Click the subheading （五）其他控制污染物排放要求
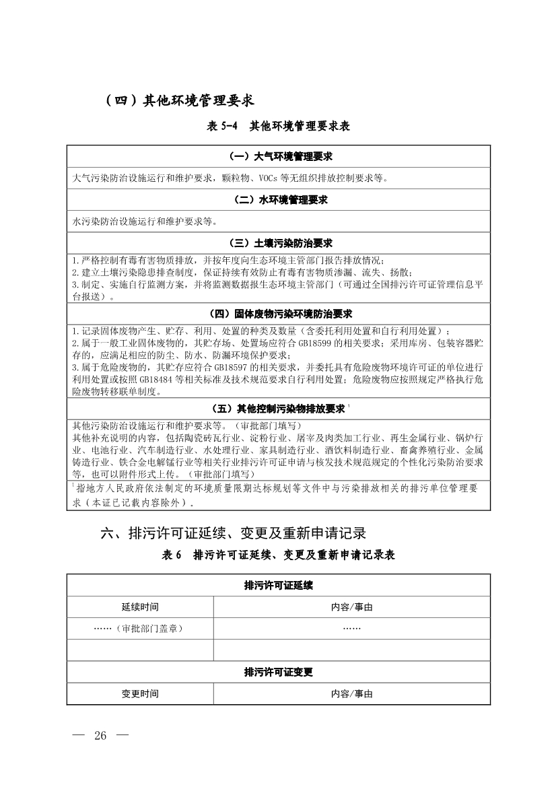pyautogui.click(x=278, y=409)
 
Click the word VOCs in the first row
pyautogui.click(x=268, y=179)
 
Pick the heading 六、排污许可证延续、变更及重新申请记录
pyautogui.click(x=233, y=533)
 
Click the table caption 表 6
pyautogui.click(x=172, y=555)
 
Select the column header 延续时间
pyautogui.click(x=140, y=607)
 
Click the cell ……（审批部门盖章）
pyautogui.click(x=140, y=628)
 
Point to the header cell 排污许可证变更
pyautogui.click(x=278, y=672)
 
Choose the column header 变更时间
pyautogui.click(x=140, y=693)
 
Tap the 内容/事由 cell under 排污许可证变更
pyautogui.click(x=351, y=693)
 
